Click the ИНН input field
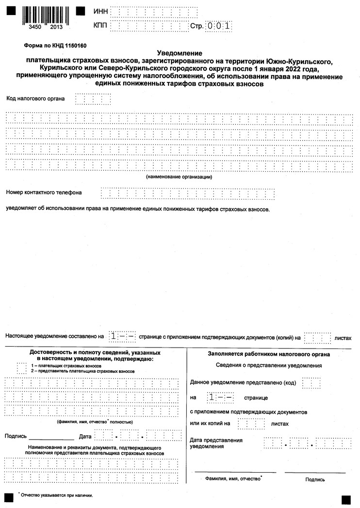click(x=154, y=11)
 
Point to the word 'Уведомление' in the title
click(x=180, y=53)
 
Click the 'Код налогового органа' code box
click(x=93, y=99)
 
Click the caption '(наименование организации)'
click(x=179, y=177)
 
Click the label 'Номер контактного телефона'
click(x=44, y=192)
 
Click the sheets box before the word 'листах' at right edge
click(x=318, y=337)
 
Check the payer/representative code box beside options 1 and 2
click(x=21, y=368)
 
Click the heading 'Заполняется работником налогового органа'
click(x=269, y=354)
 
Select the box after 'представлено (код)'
click(x=311, y=383)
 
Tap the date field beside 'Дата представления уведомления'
click(x=307, y=443)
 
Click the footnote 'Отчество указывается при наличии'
click(x=56, y=495)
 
